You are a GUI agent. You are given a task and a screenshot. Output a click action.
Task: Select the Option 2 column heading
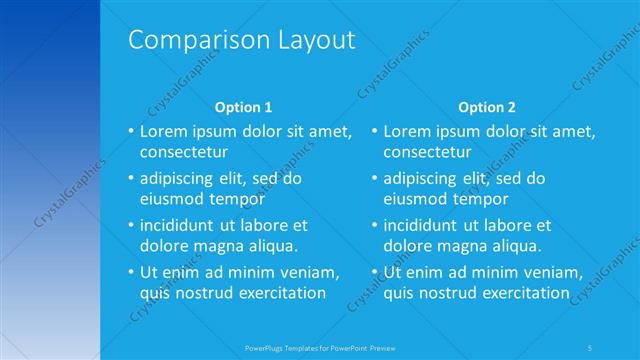point(487,106)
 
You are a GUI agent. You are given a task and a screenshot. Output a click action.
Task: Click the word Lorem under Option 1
point(162,131)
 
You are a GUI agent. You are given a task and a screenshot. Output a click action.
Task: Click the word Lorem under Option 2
point(406,131)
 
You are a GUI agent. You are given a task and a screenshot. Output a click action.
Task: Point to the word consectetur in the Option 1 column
point(183,152)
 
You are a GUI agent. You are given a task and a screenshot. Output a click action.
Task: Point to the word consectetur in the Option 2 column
point(427,152)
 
